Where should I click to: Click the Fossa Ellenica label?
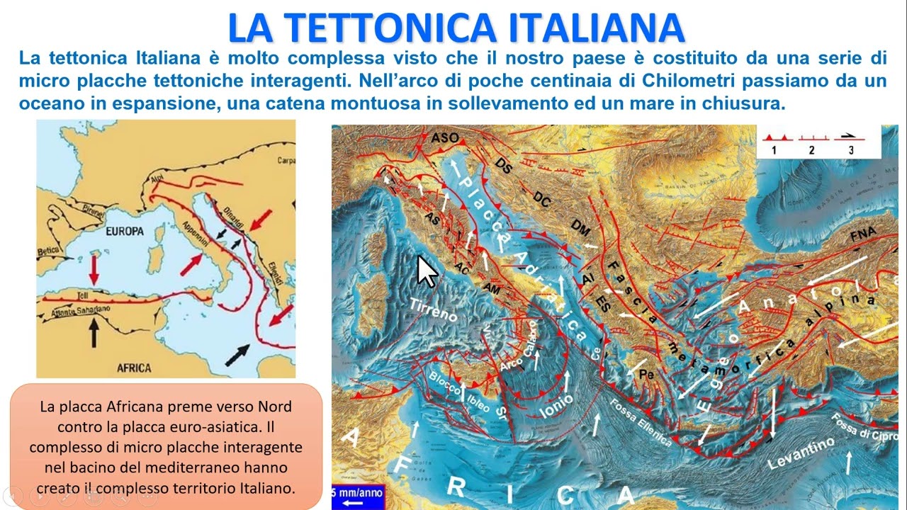(639, 421)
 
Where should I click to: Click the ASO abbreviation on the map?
(445, 137)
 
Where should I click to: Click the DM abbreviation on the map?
(580, 228)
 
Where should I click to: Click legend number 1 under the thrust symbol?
(774, 150)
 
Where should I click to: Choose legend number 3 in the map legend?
(850, 150)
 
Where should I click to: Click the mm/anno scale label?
(359, 491)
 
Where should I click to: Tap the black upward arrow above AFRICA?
(93, 332)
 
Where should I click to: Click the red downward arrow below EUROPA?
(93, 269)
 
